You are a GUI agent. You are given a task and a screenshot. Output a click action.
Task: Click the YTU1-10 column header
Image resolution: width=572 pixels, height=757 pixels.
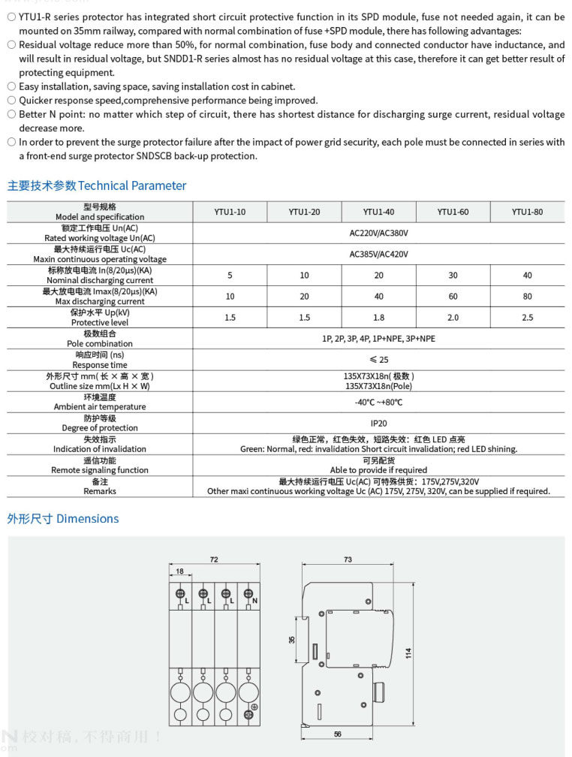230,213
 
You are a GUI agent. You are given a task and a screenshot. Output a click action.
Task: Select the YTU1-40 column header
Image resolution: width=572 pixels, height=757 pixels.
378,213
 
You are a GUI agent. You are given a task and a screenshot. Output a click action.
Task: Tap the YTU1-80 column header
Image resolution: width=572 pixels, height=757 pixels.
527,213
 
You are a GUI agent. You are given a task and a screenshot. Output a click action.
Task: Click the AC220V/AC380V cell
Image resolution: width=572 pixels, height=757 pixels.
378,234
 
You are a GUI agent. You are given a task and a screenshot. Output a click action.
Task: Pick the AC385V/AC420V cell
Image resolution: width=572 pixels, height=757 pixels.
378,255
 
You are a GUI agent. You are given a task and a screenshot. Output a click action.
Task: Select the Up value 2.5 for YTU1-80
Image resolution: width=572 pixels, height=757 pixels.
527,318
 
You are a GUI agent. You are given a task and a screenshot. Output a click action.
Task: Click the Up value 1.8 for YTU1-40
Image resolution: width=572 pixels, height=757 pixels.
378,318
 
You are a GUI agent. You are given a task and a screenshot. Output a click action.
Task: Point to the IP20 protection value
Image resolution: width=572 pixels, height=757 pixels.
378,424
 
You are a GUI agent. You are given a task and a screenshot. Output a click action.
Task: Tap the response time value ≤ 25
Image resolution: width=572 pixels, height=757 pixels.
378,360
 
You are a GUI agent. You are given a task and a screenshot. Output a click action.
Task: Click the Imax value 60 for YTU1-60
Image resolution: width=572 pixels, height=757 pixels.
453,297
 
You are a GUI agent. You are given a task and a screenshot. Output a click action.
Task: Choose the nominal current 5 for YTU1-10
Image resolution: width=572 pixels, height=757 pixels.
230,276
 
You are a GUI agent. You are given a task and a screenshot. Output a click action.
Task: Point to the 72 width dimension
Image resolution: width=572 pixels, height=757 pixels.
214,560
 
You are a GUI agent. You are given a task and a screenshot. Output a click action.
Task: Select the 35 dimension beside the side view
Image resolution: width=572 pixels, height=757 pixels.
292,640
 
